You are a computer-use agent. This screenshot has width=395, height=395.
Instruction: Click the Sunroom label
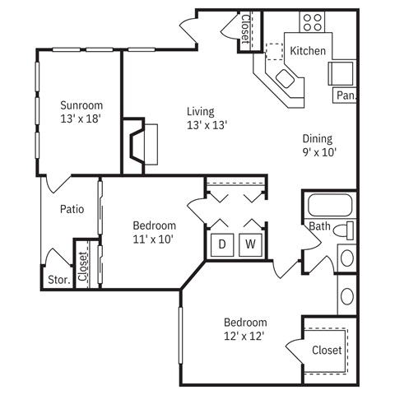pos(81,105)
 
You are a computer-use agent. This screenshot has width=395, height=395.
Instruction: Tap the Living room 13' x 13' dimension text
pos(207,125)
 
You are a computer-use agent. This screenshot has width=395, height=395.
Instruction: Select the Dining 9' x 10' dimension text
pos(319,152)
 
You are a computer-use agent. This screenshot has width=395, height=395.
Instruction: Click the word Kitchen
pos(308,51)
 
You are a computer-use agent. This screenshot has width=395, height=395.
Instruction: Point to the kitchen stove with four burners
pos(312,22)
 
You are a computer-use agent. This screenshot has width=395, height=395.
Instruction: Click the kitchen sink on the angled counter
pos(285,78)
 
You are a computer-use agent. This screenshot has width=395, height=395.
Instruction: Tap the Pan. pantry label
pos(346,95)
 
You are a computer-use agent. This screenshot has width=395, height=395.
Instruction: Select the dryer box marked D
pos(222,244)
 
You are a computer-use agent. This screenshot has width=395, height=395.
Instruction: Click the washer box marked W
pos(250,244)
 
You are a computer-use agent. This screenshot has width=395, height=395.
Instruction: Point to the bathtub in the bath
pos(330,205)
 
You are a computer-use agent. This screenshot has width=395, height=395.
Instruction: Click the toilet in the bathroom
pos(343,230)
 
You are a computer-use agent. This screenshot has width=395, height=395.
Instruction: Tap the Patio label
pos(72,209)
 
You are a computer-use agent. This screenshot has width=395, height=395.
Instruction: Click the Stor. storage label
pos(59,280)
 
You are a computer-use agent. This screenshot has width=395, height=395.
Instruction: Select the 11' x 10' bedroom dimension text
pos(153,239)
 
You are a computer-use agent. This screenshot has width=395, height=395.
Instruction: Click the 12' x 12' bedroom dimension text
pos(244,336)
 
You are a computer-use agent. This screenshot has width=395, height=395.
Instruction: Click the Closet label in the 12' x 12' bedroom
pos(327,351)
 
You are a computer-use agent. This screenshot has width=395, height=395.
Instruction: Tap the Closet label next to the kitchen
pos(245,29)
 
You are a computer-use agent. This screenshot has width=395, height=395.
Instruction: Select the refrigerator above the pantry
pos(341,73)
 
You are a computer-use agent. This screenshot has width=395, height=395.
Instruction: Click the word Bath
pos(319,226)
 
